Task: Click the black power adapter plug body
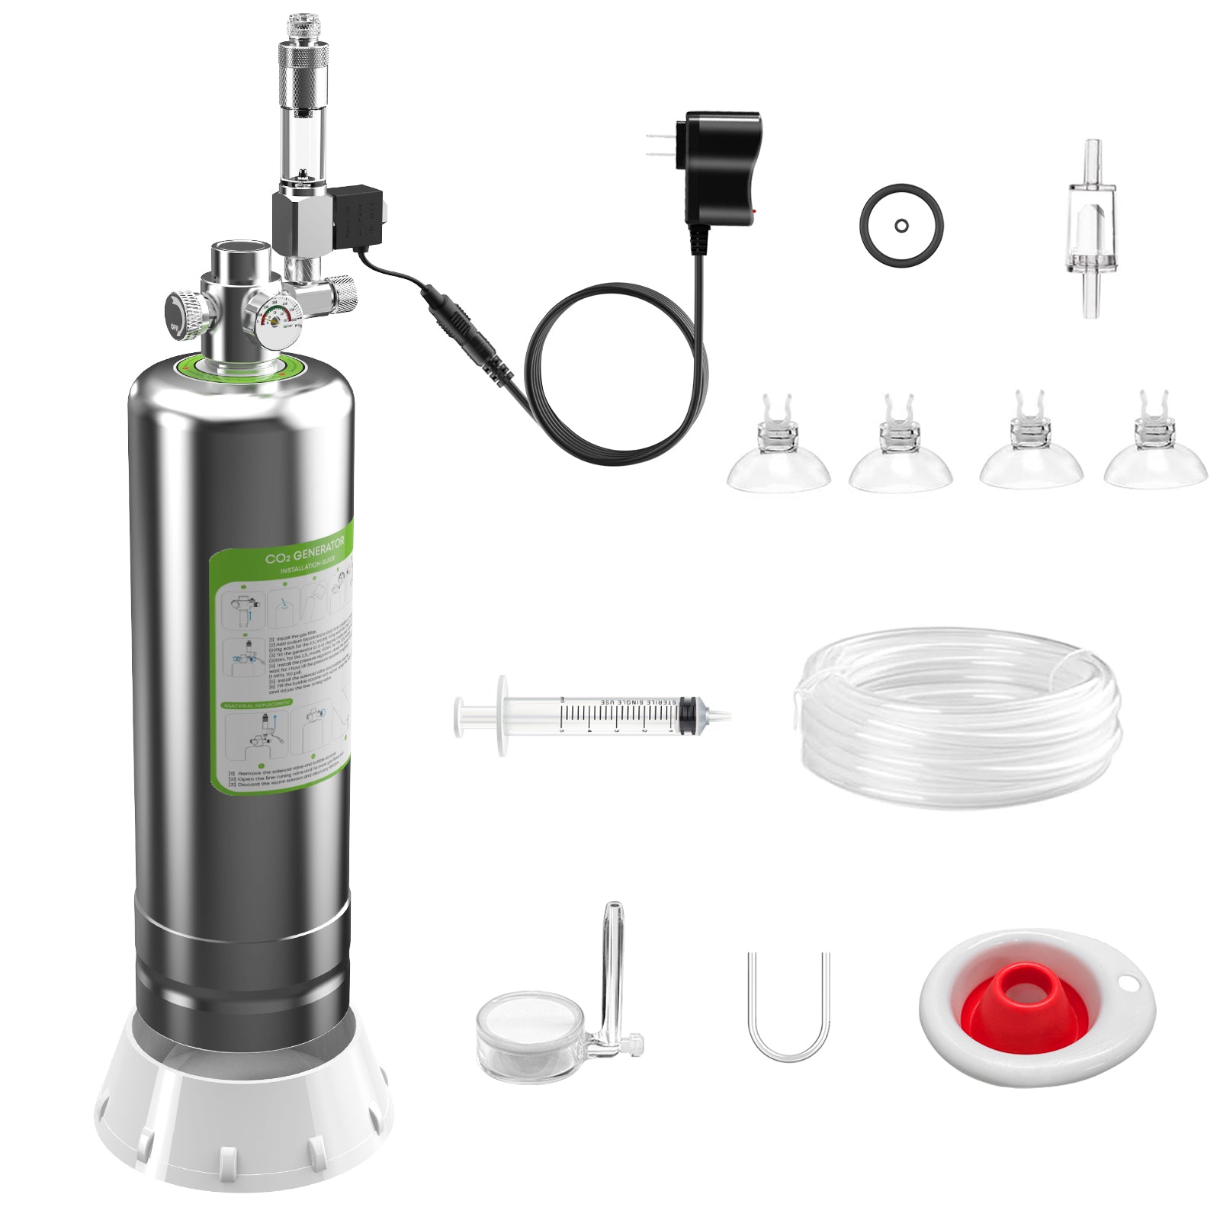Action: tap(721, 168)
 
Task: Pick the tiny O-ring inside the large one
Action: tap(901, 226)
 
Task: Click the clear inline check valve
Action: tap(1091, 229)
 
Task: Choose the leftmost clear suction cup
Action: tap(778, 457)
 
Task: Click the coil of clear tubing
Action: tap(959, 717)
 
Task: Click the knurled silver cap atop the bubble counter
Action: tap(303, 72)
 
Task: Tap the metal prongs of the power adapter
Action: tap(660, 145)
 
